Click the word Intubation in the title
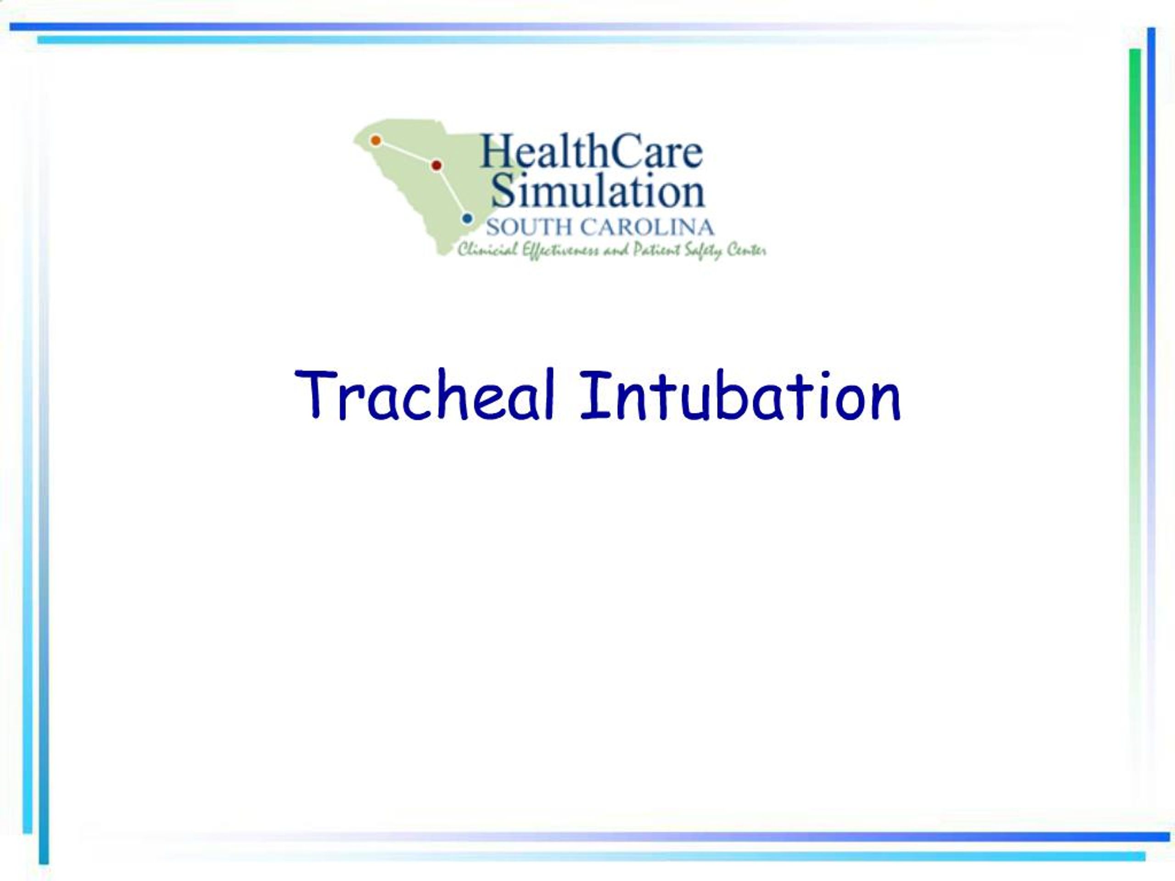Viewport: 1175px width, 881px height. point(740,395)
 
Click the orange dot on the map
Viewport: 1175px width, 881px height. point(375,140)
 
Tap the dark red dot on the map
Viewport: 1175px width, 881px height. point(436,166)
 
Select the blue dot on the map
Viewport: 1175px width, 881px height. point(467,218)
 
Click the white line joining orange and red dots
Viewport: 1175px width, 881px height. point(406,153)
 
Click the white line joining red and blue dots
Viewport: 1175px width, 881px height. point(452,192)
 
